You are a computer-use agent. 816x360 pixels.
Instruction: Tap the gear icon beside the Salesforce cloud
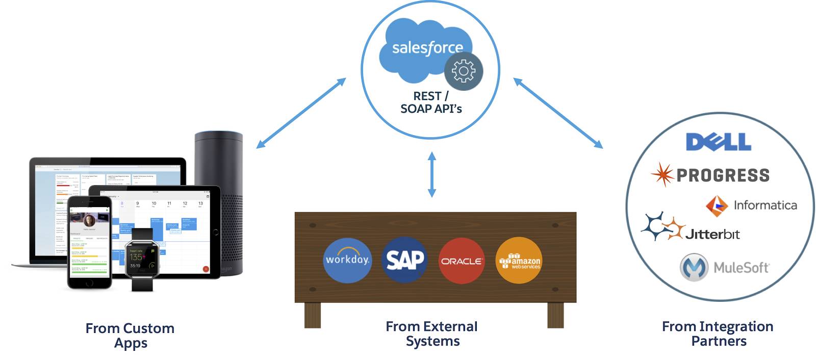pos(464,71)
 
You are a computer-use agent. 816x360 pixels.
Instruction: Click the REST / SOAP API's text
pos(431,102)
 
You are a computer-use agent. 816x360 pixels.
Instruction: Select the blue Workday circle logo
pos(347,259)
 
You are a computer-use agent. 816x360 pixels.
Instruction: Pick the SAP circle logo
pos(405,260)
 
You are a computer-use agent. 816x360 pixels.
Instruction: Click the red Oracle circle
pos(462,261)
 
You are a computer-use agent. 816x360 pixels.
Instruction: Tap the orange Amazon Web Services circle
pos(519,261)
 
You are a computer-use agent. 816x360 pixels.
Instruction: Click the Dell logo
pos(718,142)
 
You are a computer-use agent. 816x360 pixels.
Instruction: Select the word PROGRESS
pos(723,175)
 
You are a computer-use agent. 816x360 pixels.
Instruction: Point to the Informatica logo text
pos(765,205)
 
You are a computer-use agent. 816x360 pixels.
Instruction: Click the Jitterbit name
pos(712,234)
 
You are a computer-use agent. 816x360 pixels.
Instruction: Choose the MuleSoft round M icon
pos(694,267)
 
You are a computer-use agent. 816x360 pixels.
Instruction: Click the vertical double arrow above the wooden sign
pos(432,174)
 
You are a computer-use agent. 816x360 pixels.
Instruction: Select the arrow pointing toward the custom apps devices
pos(301,113)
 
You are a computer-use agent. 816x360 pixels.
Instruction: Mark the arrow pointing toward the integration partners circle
pos(558,113)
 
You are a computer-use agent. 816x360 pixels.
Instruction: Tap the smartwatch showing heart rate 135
pos(142,259)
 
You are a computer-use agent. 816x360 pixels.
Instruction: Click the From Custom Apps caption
pos(130,335)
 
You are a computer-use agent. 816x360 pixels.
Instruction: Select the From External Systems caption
pos(432,333)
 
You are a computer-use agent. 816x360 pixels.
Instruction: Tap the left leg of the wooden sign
pos(313,315)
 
